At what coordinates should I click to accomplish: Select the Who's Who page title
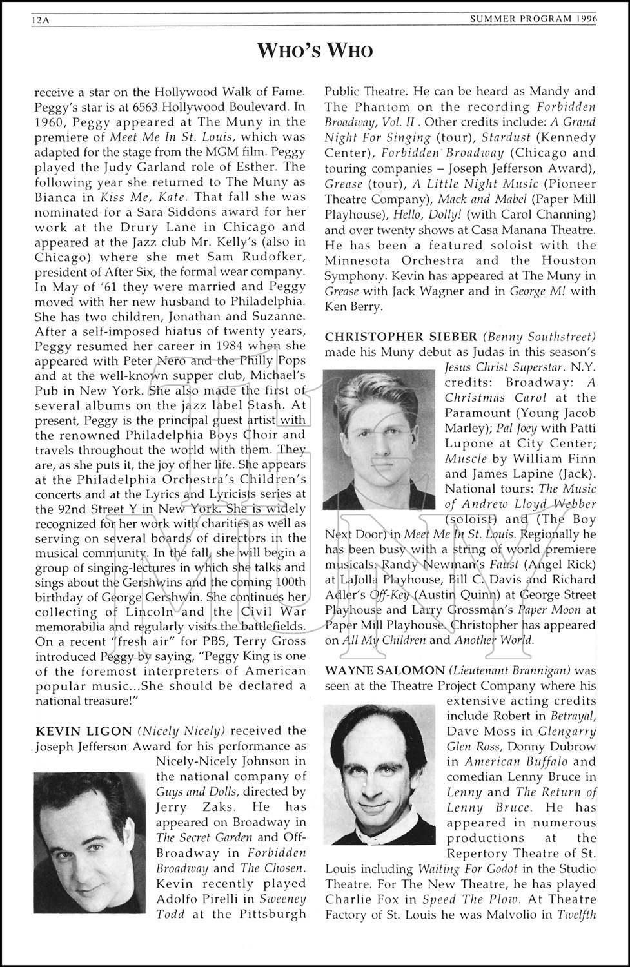point(315,51)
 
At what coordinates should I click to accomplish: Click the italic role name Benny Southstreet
point(541,337)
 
